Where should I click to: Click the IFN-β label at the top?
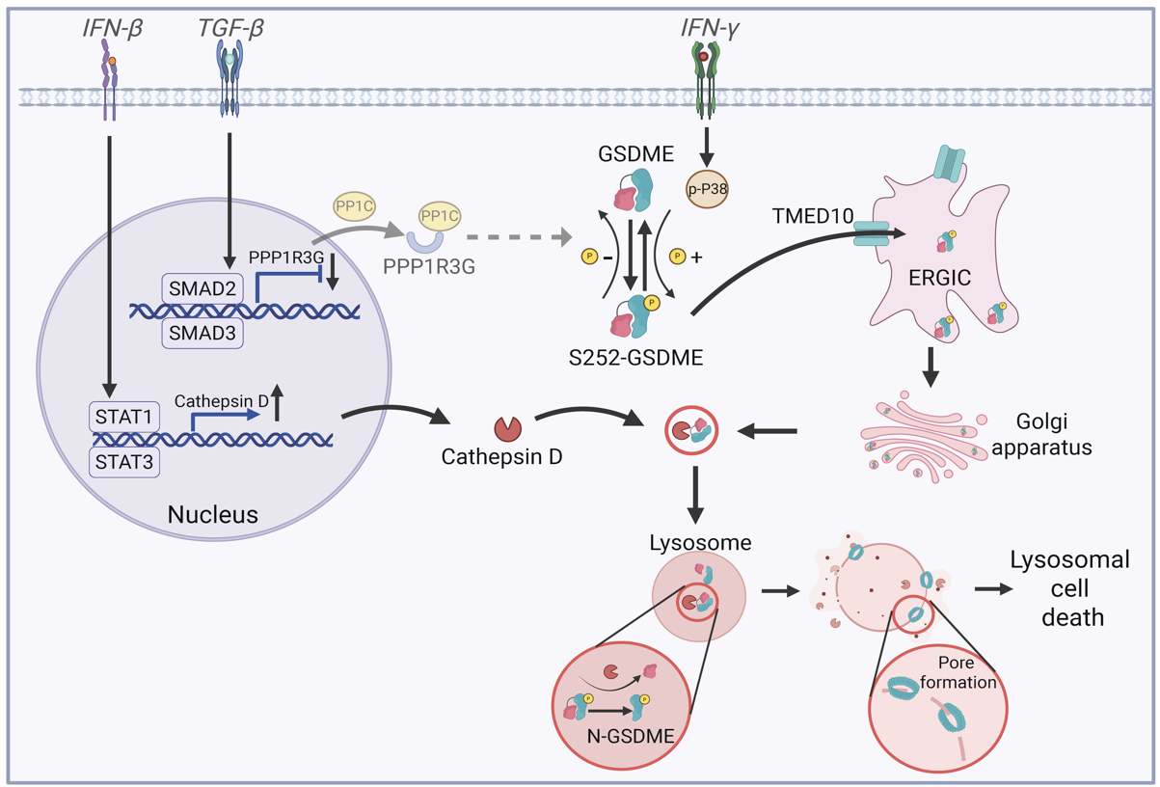[112, 29]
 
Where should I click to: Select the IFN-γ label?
[709, 29]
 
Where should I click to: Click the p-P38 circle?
[706, 189]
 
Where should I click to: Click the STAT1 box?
[123, 418]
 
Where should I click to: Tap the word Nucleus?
[213, 514]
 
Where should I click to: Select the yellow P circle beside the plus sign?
[677, 257]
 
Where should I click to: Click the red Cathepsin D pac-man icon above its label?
[506, 427]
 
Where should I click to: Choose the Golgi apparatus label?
[1052, 435]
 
